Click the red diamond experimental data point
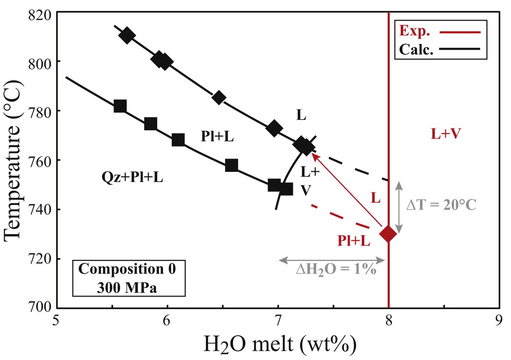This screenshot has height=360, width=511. [x=388, y=234]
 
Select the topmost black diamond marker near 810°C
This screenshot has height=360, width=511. [x=127, y=36]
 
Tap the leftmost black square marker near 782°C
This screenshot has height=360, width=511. [x=120, y=106]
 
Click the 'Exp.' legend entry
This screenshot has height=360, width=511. [x=415, y=31]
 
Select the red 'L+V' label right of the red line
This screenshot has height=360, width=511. [x=446, y=134]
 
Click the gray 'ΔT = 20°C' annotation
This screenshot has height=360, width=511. [x=441, y=206]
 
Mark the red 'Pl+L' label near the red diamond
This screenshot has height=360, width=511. [x=354, y=241]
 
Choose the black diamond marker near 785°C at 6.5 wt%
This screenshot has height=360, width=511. [x=219, y=98]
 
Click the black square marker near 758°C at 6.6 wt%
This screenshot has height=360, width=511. [x=231, y=165]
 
